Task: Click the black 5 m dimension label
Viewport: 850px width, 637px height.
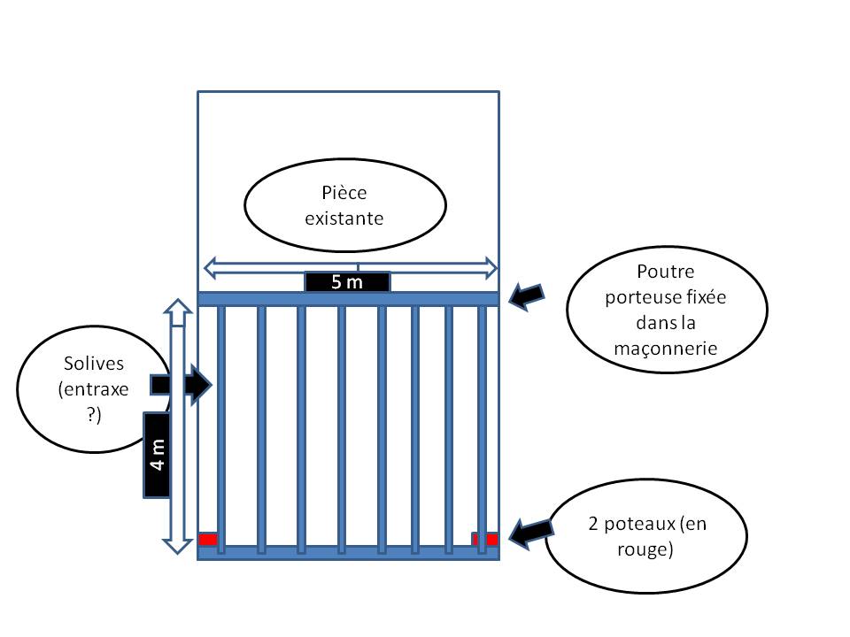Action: pos(347,281)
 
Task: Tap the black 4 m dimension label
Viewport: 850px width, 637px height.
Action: pos(158,455)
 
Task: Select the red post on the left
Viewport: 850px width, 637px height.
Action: pos(208,539)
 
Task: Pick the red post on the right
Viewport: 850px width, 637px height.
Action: pos(485,539)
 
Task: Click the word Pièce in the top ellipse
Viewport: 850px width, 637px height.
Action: pos(344,193)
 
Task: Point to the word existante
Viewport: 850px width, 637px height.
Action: pos(344,219)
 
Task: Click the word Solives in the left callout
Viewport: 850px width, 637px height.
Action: pos(94,363)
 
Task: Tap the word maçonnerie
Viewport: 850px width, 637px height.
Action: pos(666,349)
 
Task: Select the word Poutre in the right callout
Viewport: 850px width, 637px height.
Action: pos(666,271)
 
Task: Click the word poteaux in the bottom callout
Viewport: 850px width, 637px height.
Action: pos(639,524)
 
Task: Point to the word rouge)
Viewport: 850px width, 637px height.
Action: pos(645,549)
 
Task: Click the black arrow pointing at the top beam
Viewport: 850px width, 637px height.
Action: pos(526,296)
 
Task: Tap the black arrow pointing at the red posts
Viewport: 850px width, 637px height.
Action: pos(531,533)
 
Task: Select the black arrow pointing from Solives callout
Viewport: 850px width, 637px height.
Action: pos(181,385)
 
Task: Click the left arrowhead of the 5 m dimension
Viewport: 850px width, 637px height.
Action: pos(211,268)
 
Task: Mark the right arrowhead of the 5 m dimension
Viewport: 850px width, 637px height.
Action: pos(491,268)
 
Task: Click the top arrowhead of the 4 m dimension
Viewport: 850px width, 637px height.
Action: pos(178,306)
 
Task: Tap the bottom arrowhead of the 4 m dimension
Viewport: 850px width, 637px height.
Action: pos(178,546)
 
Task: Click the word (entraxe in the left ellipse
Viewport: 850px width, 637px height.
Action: pos(93,389)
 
